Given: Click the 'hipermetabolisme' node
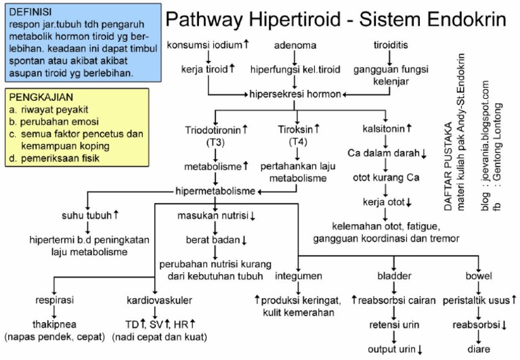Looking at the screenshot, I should pyautogui.click(x=215, y=191).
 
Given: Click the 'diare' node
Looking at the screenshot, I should pyautogui.click(x=479, y=350).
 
